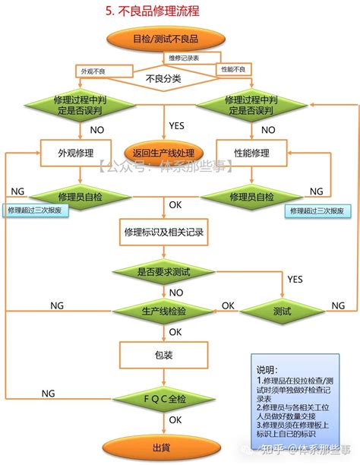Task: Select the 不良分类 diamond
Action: tap(164, 77)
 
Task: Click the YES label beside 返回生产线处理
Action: tap(177, 125)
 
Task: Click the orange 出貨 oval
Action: tap(160, 447)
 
